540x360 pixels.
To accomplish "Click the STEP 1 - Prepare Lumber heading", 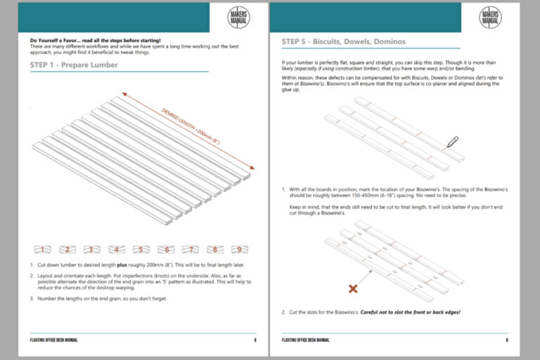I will click(x=74, y=65).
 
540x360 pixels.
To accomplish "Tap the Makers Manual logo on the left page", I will click(x=239, y=18).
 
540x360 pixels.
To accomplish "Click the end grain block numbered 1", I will click(x=43, y=249).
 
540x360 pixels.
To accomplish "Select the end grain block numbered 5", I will click(x=140, y=249).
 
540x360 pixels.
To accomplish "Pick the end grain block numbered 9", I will click(x=239, y=249).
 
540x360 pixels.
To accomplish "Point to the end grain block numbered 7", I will click(x=190, y=249).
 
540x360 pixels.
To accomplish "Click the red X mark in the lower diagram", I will click(x=353, y=288).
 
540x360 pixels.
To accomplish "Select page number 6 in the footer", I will click(x=255, y=340).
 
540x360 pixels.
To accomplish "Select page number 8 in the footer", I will click(x=506, y=340).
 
